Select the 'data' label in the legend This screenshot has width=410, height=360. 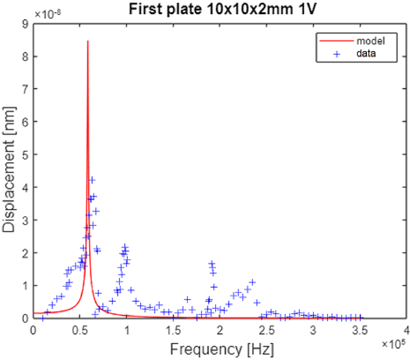coord(366,53)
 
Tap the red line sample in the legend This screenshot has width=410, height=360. coord(333,41)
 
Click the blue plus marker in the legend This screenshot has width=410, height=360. coord(333,53)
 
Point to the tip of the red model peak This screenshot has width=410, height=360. coord(88,41)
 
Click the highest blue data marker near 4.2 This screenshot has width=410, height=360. coord(92,180)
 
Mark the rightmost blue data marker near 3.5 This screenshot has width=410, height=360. coord(361,318)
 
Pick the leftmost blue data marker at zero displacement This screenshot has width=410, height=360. coord(42,318)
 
